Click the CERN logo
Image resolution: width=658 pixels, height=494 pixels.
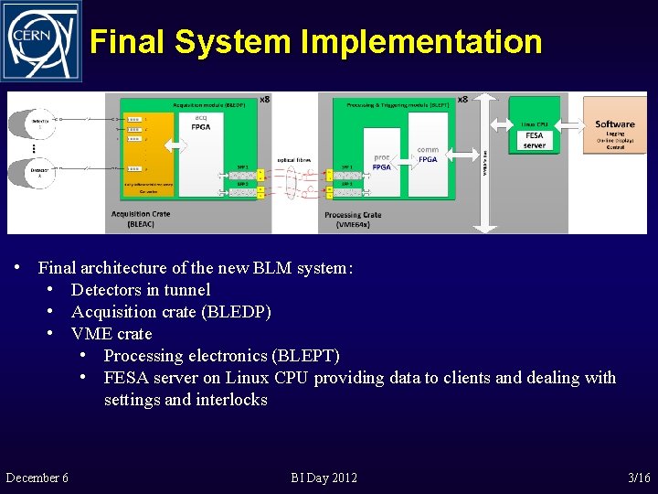[x=41, y=41]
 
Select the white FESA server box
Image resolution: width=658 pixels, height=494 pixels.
[x=535, y=140]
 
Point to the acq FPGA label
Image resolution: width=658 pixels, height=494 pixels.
[x=201, y=123]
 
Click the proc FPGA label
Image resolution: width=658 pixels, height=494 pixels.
[x=382, y=162]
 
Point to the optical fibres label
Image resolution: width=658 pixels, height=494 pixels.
[x=294, y=160]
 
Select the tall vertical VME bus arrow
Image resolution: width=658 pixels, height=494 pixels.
[x=485, y=160]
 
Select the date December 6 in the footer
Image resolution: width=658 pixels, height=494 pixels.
[x=37, y=478]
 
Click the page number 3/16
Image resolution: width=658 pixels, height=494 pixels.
[x=639, y=478]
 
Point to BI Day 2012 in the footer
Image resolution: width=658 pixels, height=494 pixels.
[x=324, y=478]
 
